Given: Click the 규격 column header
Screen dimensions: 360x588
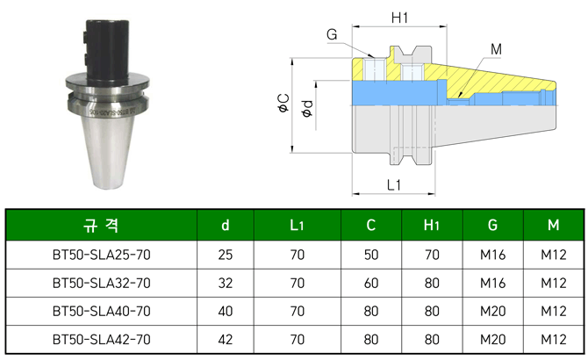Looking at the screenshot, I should (x=101, y=226).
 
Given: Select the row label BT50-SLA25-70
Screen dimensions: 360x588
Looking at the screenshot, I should (x=101, y=256).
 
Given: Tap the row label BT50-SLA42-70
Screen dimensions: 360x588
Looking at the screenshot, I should (x=101, y=339).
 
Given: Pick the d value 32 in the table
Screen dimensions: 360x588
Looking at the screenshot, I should (x=226, y=284).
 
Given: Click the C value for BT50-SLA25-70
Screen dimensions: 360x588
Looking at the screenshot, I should (x=371, y=256).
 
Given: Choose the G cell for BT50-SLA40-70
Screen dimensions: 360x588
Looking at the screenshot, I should (x=492, y=312).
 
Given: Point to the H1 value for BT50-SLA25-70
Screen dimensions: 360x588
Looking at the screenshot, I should (x=432, y=256).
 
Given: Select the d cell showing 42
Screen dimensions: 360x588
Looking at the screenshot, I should (x=226, y=339).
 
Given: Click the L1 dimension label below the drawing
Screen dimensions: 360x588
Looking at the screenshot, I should (x=394, y=185).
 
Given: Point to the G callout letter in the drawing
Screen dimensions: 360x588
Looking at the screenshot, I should (x=332, y=34).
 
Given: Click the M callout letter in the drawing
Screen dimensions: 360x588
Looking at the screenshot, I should (x=496, y=49).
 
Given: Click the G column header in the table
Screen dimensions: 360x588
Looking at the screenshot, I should (x=492, y=226).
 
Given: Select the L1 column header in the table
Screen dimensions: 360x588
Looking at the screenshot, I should (x=298, y=226).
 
